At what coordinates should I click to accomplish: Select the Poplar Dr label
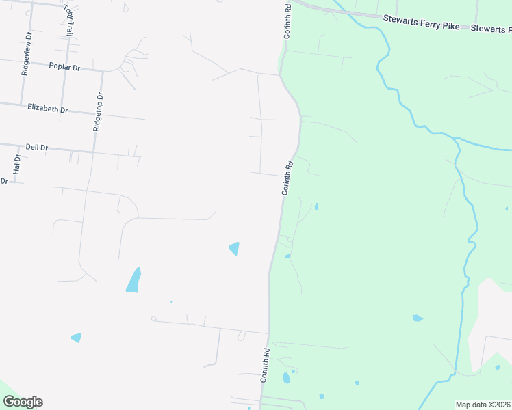click(65, 67)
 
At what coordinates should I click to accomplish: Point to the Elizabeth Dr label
click(48, 108)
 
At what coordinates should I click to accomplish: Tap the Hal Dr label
click(17, 163)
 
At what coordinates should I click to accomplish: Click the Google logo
click(23, 402)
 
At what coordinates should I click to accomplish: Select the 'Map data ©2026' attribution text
click(483, 405)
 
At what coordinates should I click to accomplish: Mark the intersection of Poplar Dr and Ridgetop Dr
click(103, 70)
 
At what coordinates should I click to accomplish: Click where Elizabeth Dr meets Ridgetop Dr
click(99, 113)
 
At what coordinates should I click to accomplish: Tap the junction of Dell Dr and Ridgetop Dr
click(94, 151)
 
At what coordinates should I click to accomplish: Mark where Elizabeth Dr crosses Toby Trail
click(64, 108)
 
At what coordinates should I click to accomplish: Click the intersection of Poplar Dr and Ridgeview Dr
click(25, 62)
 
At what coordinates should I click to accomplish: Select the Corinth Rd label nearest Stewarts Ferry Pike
click(288, 20)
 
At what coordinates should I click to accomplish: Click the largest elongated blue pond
click(133, 280)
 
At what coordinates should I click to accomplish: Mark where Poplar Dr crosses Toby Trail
click(66, 66)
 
